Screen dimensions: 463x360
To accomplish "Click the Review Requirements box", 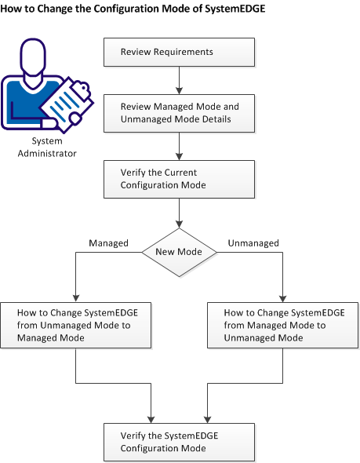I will coord(180,53).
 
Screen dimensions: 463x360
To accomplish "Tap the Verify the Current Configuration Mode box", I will coord(180,179).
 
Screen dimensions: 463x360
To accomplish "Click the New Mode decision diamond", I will coord(180,253).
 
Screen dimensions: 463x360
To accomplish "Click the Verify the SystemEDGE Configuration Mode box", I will coord(180,442).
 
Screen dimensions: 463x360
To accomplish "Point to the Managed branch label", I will coord(108,243).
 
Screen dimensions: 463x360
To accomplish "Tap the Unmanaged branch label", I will coord(253,243).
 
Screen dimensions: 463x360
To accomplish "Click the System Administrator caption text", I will coord(49,148).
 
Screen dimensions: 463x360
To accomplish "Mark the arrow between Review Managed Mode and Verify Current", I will coord(180,144).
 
